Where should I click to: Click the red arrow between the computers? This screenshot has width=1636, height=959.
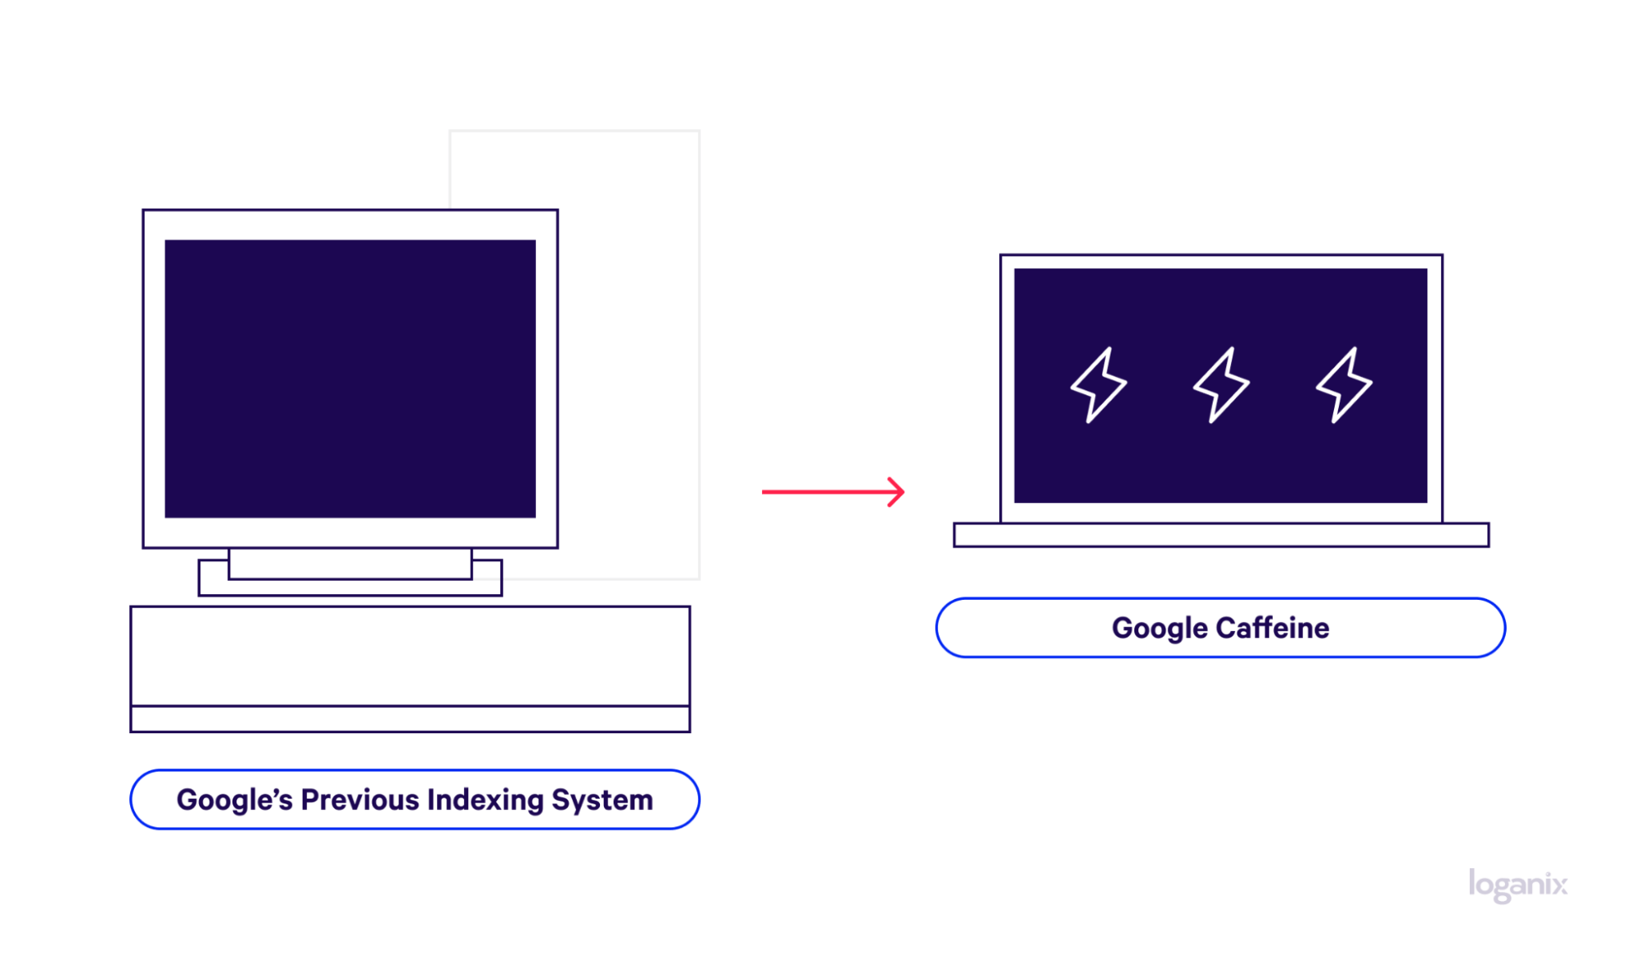tap(833, 492)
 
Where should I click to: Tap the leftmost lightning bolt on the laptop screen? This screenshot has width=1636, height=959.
tap(1098, 385)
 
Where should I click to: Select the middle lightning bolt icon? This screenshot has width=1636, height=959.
tap(1221, 385)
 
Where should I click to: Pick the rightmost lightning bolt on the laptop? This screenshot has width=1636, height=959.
tap(1344, 385)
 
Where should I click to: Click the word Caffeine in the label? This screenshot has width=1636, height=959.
tap(1273, 628)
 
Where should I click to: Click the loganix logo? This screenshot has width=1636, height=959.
tap(1518, 885)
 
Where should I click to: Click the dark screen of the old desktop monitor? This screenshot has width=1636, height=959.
tap(350, 378)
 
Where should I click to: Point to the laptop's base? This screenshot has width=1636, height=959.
tap(1221, 534)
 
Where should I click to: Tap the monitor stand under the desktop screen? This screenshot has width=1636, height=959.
tap(350, 572)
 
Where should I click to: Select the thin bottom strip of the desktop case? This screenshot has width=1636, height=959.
tap(410, 719)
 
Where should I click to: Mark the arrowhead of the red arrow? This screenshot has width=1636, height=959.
tap(898, 492)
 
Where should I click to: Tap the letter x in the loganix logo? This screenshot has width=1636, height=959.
tap(1559, 885)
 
